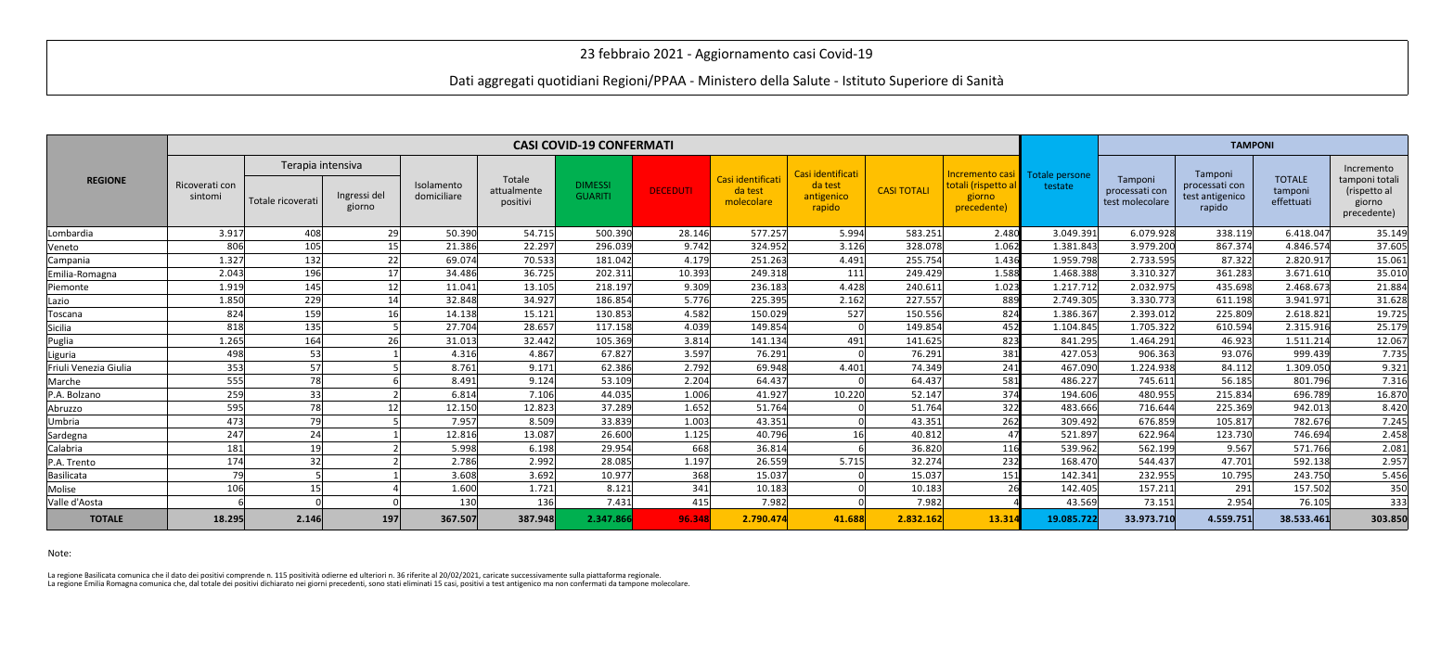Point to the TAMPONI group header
click(x=1252, y=146)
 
